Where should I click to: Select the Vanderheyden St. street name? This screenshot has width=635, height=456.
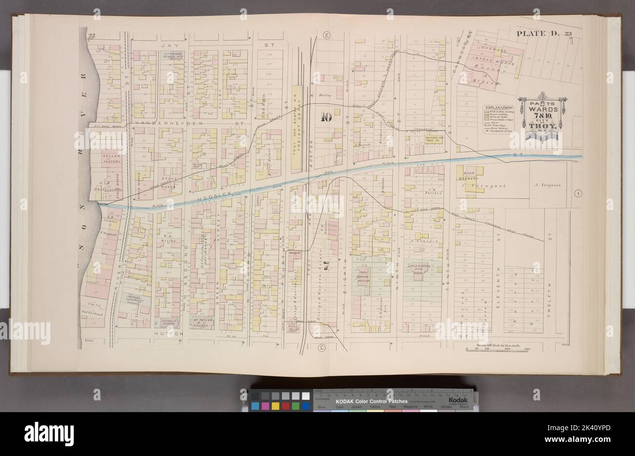(x=182, y=123)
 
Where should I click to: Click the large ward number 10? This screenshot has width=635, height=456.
(x=326, y=117)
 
